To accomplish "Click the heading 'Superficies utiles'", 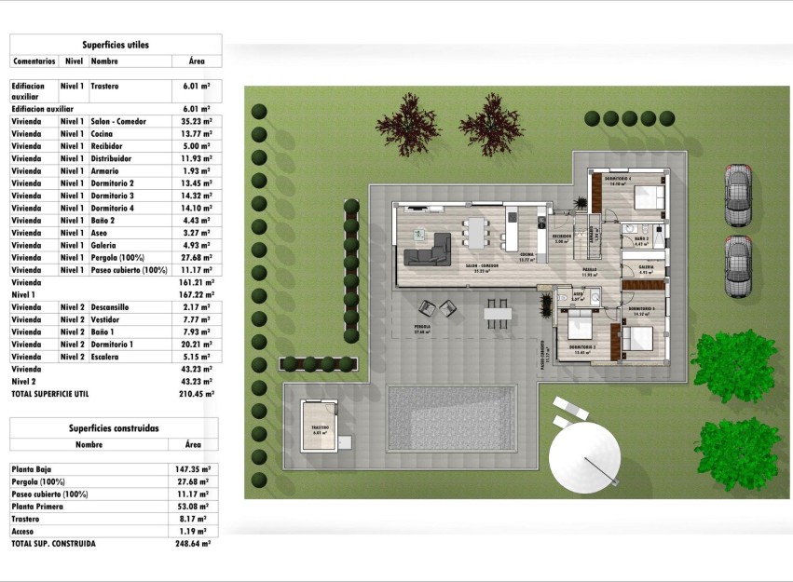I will (x=115, y=44).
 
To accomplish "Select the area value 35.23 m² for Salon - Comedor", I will (x=197, y=121).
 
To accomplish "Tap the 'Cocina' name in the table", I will (x=103, y=134).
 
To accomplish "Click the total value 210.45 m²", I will (x=197, y=393).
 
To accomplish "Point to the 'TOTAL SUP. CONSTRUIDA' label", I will (x=53, y=543).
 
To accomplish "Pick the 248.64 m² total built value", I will (x=194, y=543).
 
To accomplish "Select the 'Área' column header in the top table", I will (x=197, y=61).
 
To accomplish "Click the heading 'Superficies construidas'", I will (x=114, y=428).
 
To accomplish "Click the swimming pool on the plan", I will (x=451, y=407).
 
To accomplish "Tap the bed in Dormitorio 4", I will (x=647, y=196).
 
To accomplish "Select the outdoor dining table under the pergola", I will (x=496, y=313).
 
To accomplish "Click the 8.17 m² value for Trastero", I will (x=197, y=519).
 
